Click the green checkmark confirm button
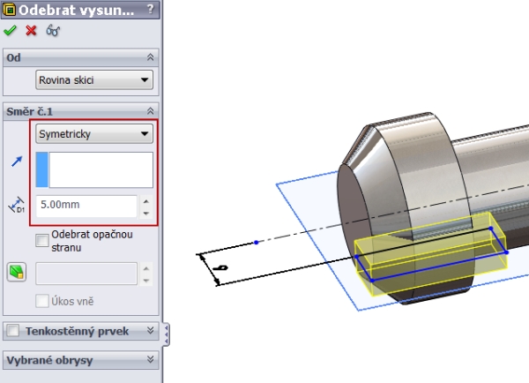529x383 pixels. pos(11,30)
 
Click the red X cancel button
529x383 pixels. pos(32,30)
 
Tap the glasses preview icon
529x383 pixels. pos(53,30)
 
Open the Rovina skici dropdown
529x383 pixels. pos(94,80)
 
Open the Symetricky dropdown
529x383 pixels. pos(94,134)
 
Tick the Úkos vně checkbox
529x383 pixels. pos(41,301)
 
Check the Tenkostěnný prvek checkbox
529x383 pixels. pos(13,331)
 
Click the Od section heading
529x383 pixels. pos(14,56)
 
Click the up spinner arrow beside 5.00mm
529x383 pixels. pos(145,201)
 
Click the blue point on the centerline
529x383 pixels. pos(256,242)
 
